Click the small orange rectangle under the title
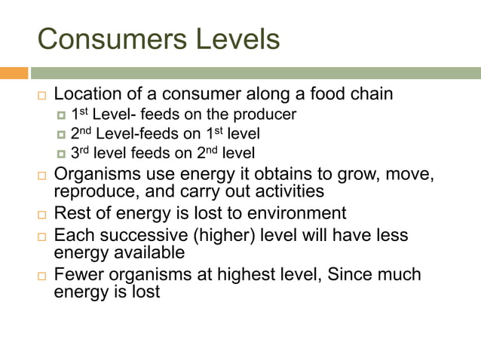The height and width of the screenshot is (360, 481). click(14, 73)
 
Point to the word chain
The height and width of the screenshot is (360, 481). click(369, 95)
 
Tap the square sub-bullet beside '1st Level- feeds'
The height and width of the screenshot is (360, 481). click(62, 115)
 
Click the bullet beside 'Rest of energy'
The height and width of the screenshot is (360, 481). click(42, 215)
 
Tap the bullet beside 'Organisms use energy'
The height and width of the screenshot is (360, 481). click(42, 176)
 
